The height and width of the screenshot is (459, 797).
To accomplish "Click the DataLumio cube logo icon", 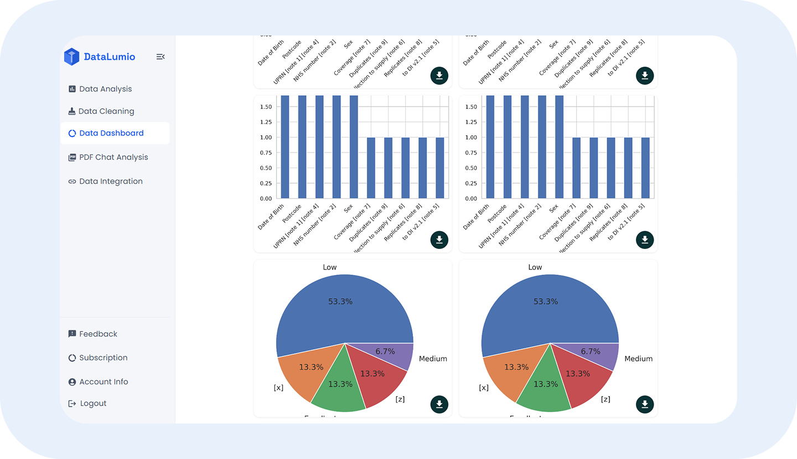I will tap(71, 57).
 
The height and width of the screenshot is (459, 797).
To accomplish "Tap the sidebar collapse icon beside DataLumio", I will tap(161, 57).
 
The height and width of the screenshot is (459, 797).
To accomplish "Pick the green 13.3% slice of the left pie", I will tap(339, 388).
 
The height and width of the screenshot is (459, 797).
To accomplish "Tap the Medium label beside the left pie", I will tap(433, 359).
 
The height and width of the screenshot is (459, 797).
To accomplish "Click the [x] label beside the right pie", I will tap(484, 387).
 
